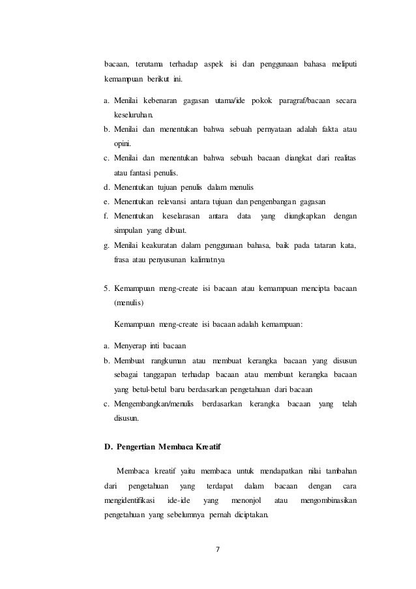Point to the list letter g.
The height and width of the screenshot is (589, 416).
pyautogui.click(x=106, y=245)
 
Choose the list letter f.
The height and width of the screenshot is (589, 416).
pyautogui.click(x=106, y=216)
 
